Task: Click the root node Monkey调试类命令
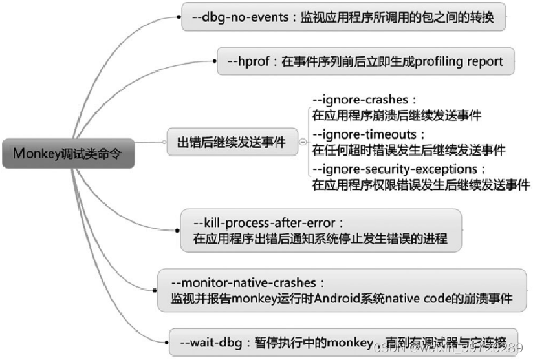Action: click(x=68, y=154)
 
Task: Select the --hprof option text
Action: click(x=252, y=61)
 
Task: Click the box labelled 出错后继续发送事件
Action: click(x=231, y=143)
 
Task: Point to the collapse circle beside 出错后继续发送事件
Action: click(x=303, y=143)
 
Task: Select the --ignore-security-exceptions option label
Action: click(x=398, y=169)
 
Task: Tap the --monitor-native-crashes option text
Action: click(x=246, y=283)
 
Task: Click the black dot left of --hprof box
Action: click(x=213, y=61)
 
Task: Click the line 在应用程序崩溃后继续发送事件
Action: click(x=397, y=116)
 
